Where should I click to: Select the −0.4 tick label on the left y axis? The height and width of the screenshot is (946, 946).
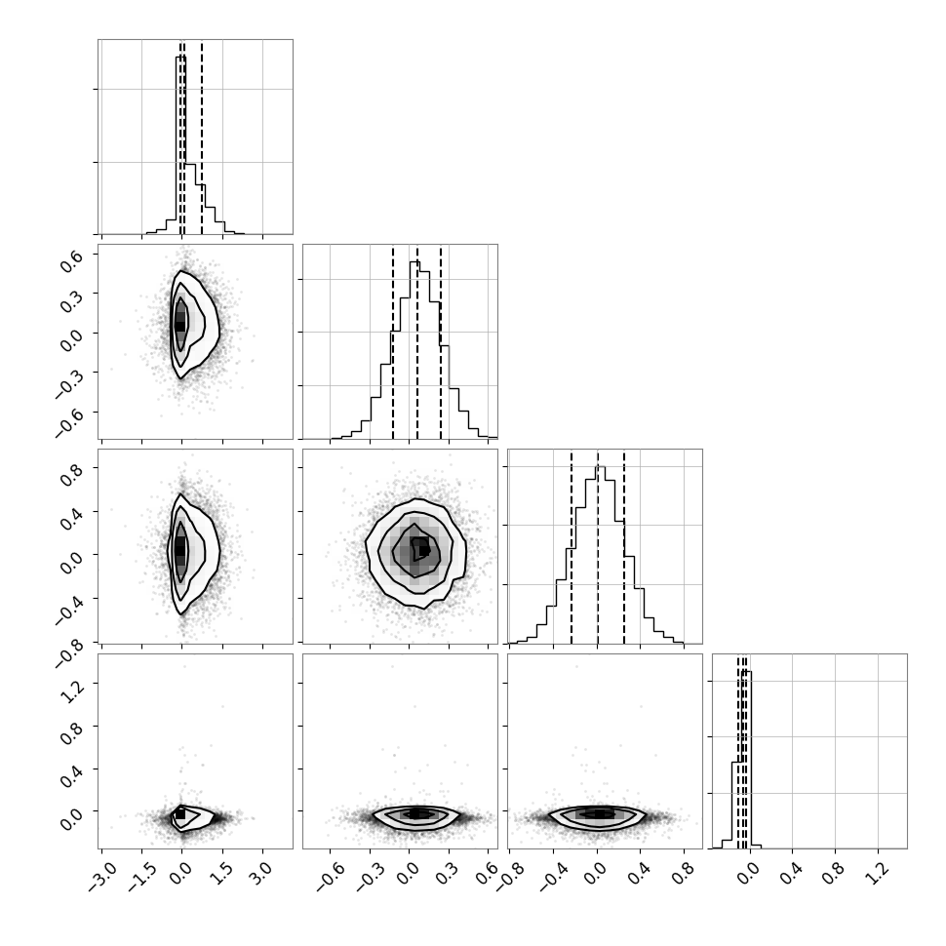pyautogui.click(x=69, y=609)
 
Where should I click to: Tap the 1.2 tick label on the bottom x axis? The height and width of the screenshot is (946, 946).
pyautogui.click(x=878, y=873)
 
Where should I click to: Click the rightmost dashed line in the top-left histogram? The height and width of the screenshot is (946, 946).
pyautogui.click(x=202, y=137)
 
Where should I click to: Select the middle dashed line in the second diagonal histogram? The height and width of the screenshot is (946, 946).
pyautogui.click(x=416, y=341)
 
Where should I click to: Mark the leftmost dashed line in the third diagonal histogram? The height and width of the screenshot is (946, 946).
pyautogui.click(x=572, y=546)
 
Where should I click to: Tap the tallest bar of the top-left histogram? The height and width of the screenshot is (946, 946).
pyautogui.click(x=180, y=144)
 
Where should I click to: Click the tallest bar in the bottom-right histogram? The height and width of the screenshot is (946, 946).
pyautogui.click(x=746, y=760)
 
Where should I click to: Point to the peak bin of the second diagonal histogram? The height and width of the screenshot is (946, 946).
pyautogui.click(x=414, y=350)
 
